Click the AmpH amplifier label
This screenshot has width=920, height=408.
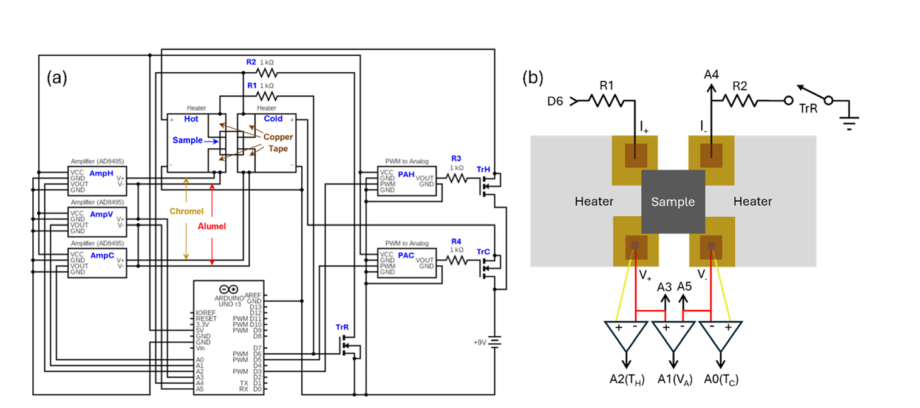coord(101,173)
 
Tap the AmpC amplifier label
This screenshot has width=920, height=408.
coord(101,255)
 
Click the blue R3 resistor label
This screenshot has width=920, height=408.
coord(457,159)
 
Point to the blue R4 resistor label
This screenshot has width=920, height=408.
coord(457,242)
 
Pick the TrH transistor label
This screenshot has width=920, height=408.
coord(483,169)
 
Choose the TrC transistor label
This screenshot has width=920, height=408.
coord(483,251)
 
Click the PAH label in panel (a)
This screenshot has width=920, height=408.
coord(406,174)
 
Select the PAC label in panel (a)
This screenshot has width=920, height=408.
coord(406,256)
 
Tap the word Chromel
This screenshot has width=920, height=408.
coord(186,211)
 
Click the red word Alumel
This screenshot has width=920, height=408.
coord(212,225)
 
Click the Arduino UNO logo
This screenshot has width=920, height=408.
coord(228,290)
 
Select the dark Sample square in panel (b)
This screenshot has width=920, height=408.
coord(672,202)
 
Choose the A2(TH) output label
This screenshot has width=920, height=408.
coord(625,379)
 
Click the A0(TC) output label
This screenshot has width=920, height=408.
coord(721,379)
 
